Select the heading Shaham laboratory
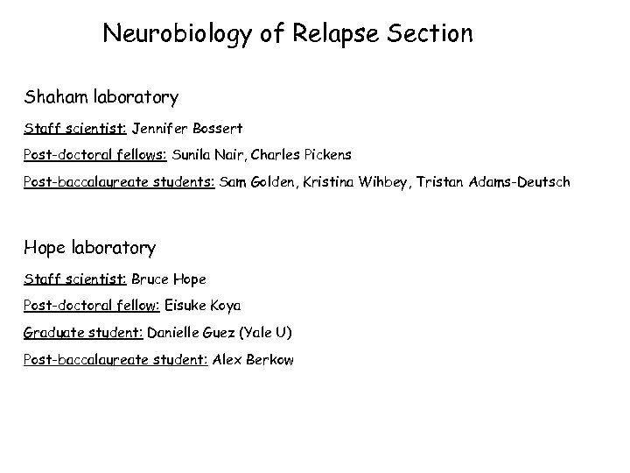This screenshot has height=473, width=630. tap(101, 96)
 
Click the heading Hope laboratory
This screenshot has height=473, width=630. tap(90, 248)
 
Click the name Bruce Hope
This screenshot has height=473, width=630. tap(169, 279)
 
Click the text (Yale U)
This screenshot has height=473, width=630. tap(267, 333)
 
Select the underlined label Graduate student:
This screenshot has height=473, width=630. tap(83, 333)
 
